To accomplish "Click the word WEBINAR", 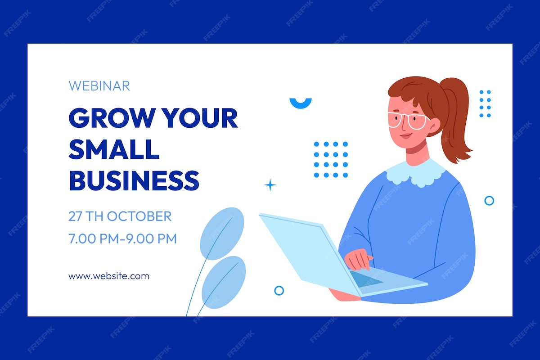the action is point(99,86).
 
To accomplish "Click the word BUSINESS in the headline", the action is point(134,180).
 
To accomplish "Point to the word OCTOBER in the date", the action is point(139,216).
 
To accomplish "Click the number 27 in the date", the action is point(76,216).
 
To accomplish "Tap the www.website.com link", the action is point(109,276).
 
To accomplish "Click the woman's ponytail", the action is point(455,118).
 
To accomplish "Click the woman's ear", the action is point(434,126).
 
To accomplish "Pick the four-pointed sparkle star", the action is point(270,185).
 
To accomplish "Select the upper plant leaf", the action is point(222,234).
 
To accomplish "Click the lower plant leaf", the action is point(224,282).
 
